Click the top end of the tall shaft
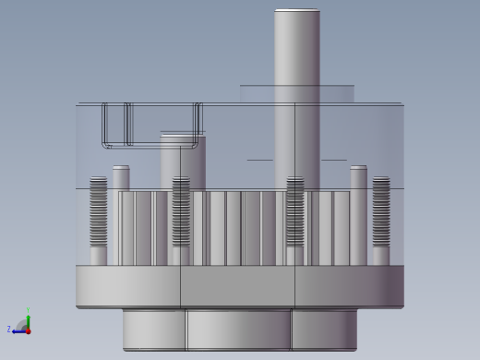coord(296,11)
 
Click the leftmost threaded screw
coord(98,212)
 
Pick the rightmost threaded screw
coord(380,212)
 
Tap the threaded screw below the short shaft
coord(181,212)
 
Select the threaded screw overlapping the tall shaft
coord(295,212)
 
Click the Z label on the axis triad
coord(9,329)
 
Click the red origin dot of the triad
coord(28,330)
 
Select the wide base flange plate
coord(240,286)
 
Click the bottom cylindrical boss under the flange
coord(240,329)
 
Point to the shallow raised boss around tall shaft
coord(296,93)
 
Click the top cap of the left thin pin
coord(121,168)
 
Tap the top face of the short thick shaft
coord(182,135)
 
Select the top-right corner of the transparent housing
coord(402,104)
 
